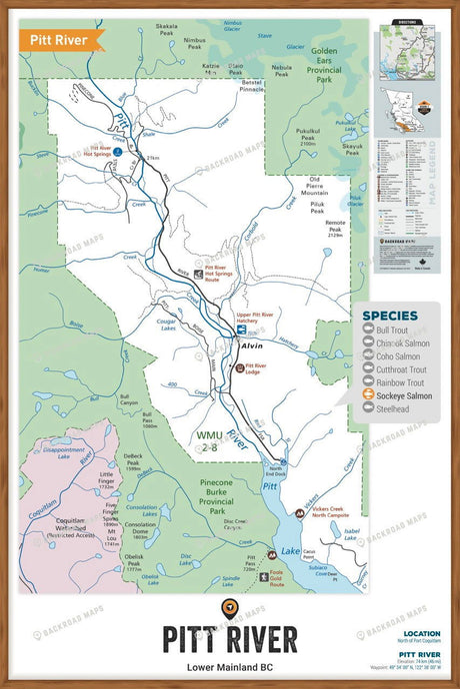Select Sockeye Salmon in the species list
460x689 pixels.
pos(404,395)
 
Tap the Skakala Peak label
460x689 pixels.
pos(168,30)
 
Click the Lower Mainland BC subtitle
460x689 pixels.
pos(229,666)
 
